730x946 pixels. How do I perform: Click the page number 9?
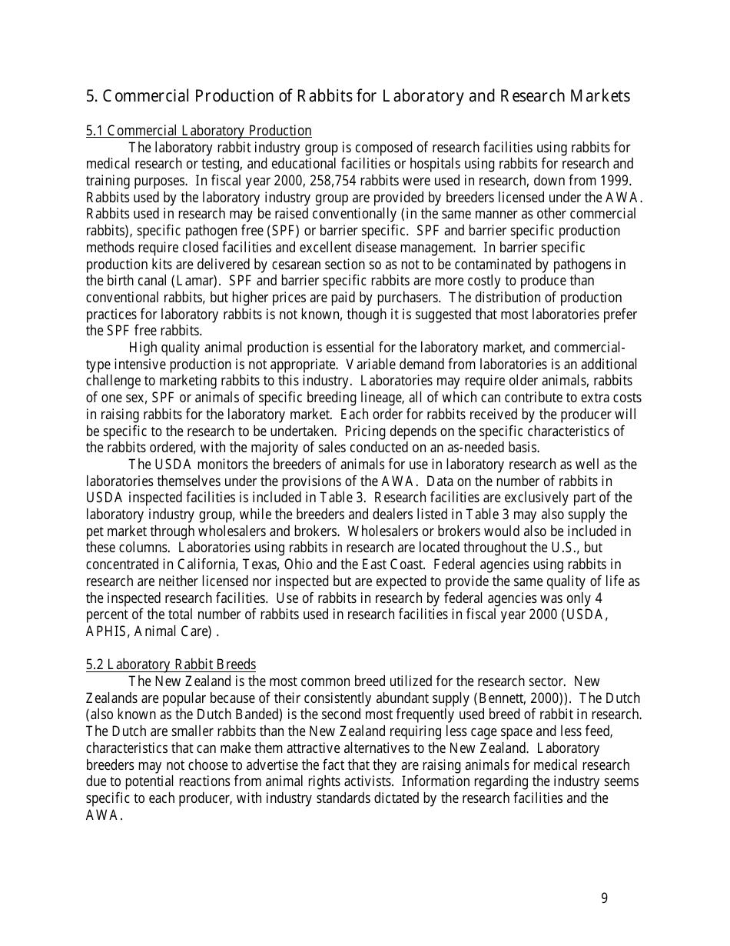[604, 898]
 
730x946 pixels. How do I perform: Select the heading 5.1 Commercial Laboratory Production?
[198, 131]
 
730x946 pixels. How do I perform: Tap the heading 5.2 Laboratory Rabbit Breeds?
[171, 665]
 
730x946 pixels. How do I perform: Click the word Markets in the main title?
[598, 96]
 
